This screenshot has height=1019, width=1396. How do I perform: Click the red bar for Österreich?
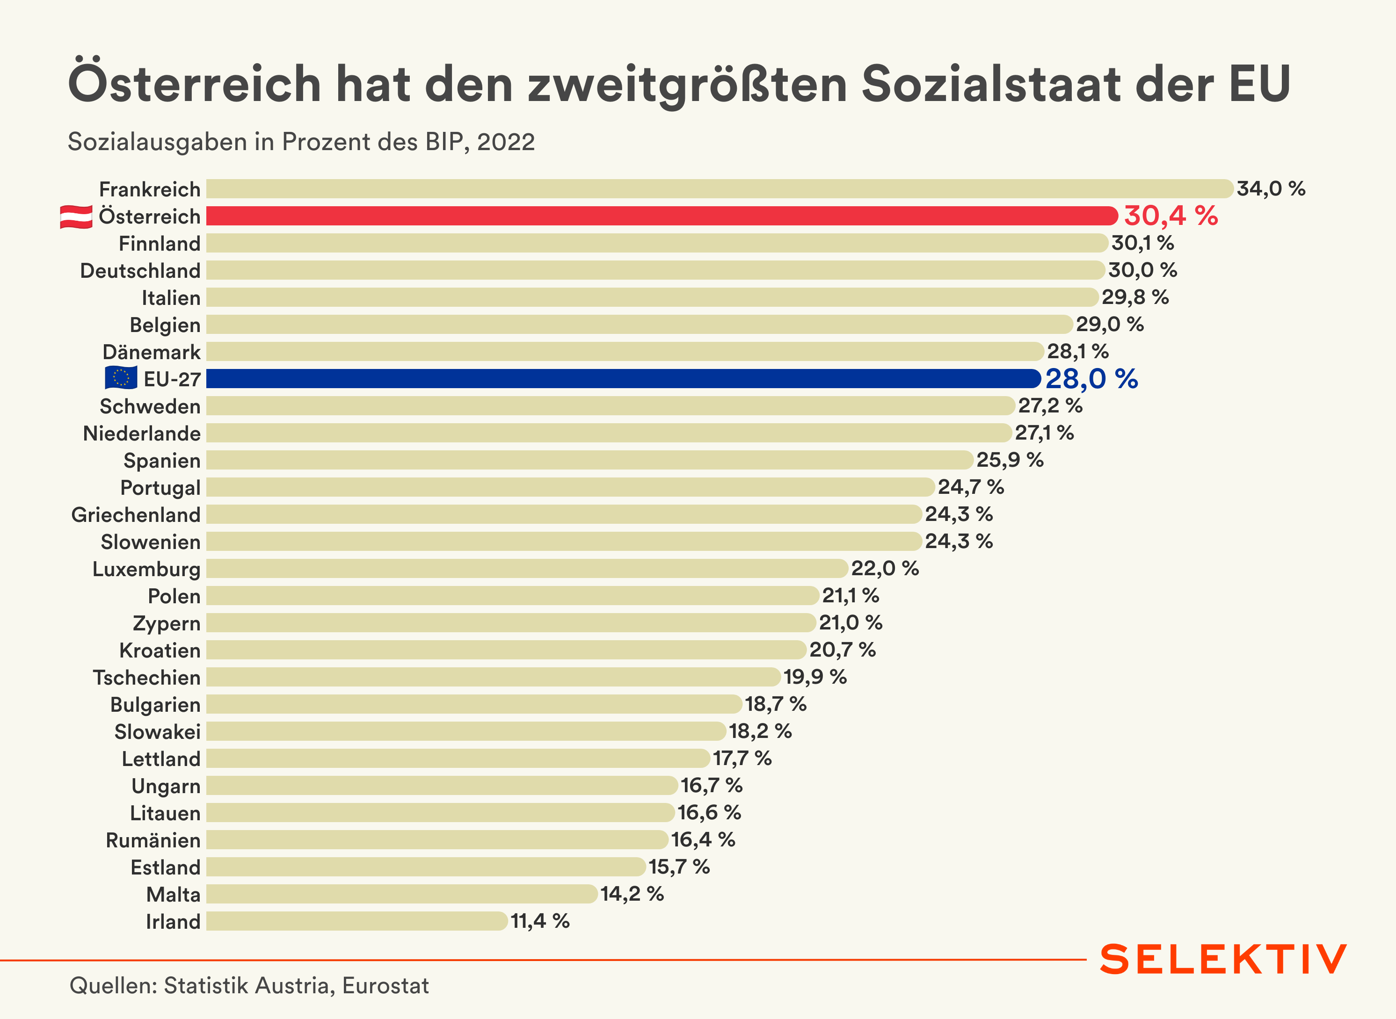click(x=661, y=216)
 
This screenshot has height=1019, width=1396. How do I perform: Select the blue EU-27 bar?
click(x=623, y=379)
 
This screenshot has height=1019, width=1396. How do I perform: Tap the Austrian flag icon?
click(x=76, y=217)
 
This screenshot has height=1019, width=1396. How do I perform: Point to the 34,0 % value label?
click(x=1271, y=189)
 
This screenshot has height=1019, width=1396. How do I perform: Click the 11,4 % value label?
click(x=540, y=921)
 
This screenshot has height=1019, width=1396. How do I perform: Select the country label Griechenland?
click(x=136, y=514)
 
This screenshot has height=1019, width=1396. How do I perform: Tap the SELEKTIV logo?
click(x=1223, y=960)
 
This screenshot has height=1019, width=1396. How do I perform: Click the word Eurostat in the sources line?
click(x=385, y=986)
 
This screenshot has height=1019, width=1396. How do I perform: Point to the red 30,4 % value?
click(x=1171, y=216)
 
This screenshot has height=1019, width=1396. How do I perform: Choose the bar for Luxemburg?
click(x=527, y=569)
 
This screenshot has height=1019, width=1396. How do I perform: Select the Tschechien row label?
click(x=147, y=677)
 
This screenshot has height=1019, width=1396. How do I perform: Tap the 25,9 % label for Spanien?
click(x=1010, y=460)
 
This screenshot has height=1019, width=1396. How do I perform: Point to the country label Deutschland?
click(x=141, y=271)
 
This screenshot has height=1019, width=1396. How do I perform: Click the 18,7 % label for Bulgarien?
click(x=776, y=704)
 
